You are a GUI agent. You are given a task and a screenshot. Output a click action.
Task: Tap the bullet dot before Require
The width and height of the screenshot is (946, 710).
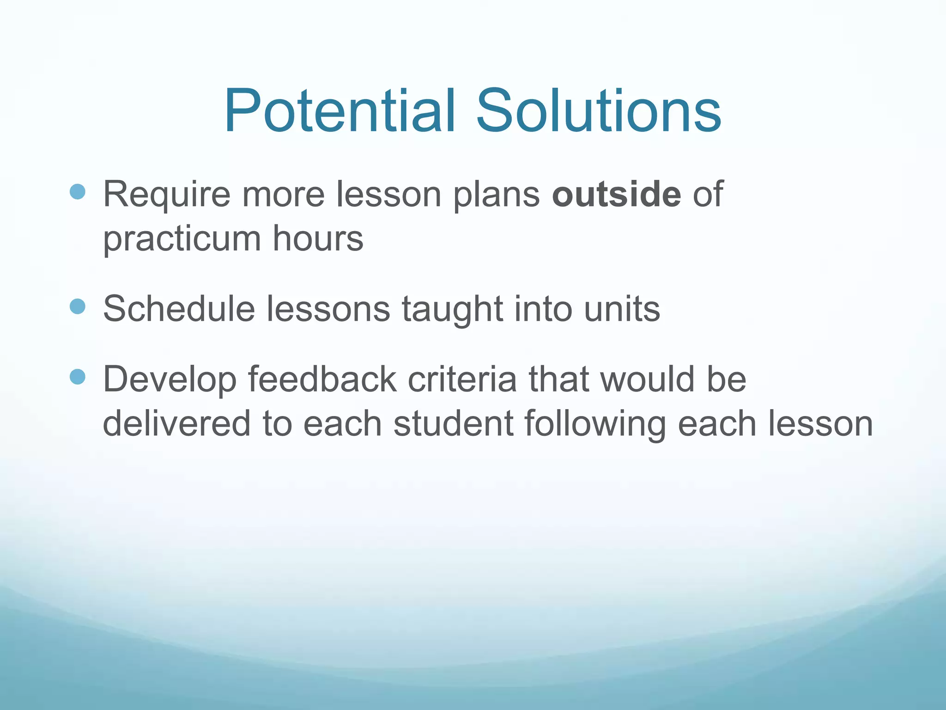[x=78, y=191]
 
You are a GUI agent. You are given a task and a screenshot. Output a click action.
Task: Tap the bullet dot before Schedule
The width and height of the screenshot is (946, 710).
[x=78, y=306]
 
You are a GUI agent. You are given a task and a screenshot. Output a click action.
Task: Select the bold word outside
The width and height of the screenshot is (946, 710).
[x=616, y=195]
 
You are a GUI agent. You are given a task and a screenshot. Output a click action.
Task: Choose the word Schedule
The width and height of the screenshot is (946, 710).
[x=179, y=309]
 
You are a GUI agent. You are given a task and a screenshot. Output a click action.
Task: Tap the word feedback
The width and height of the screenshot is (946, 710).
[x=322, y=379]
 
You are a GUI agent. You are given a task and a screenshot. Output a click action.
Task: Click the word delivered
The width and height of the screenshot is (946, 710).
[x=176, y=423]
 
